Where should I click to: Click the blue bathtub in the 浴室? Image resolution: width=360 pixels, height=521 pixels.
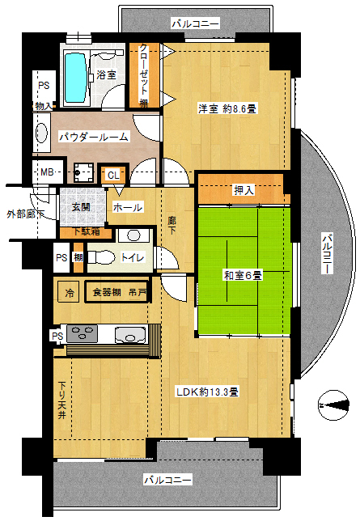pyautogui.click(x=76, y=78)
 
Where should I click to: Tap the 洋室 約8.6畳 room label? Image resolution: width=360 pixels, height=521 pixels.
pyautogui.click(x=227, y=108)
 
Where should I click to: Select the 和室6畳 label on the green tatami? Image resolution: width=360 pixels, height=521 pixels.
pyautogui.click(x=243, y=275)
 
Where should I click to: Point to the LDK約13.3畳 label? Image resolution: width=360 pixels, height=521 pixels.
pyautogui.click(x=207, y=392)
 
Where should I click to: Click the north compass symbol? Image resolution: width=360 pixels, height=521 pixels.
pyautogui.click(x=333, y=405)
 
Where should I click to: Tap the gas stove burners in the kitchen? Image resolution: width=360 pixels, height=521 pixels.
pyautogui.click(x=83, y=333)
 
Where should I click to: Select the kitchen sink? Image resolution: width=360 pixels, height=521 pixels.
pyautogui.click(x=130, y=335)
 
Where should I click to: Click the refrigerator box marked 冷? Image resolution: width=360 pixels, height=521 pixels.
pyautogui.click(x=69, y=292)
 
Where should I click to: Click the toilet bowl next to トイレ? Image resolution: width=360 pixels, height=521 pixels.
pyautogui.click(x=101, y=256)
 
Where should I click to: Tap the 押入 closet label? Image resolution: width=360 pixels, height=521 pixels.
pyautogui.click(x=244, y=190)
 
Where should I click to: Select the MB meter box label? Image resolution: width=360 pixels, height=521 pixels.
pyautogui.click(x=47, y=172)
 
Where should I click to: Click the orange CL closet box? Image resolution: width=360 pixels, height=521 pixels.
pyautogui.click(x=113, y=175)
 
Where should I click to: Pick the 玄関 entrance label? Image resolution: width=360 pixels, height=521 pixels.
pyautogui.click(x=80, y=207)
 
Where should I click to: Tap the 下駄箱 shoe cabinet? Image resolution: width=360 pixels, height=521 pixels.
pyautogui.click(x=86, y=232)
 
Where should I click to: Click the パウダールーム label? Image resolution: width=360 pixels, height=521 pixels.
pyautogui.click(x=93, y=137)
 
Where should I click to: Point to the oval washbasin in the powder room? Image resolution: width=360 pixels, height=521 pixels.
pyautogui.click(x=41, y=133)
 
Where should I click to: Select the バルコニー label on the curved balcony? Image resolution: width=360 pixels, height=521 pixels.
pyautogui.click(x=328, y=253)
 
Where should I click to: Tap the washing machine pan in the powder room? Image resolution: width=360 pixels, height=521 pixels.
pyautogui.click(x=84, y=172)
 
